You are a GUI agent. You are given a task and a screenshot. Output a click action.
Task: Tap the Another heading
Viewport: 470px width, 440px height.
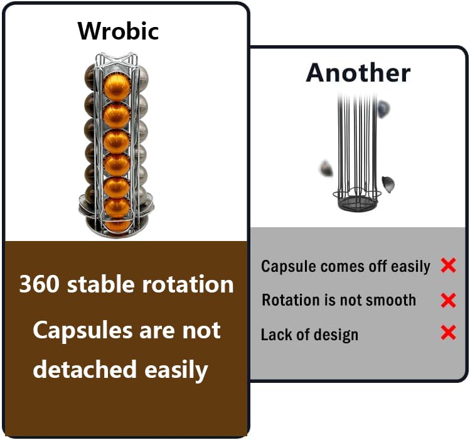tap(358, 73)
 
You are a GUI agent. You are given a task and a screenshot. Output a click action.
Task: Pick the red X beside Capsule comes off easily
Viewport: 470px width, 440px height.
tap(448, 266)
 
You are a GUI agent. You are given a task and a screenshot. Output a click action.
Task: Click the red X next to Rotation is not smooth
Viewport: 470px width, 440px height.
tap(448, 300)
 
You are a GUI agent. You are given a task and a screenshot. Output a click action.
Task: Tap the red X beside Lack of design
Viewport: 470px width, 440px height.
tap(448, 333)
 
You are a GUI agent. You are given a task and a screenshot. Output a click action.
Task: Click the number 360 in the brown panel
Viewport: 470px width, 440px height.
tap(40, 285)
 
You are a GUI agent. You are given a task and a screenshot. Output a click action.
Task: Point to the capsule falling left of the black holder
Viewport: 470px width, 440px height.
tap(326, 168)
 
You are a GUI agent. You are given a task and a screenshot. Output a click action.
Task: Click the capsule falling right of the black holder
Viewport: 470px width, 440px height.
tap(388, 183)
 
